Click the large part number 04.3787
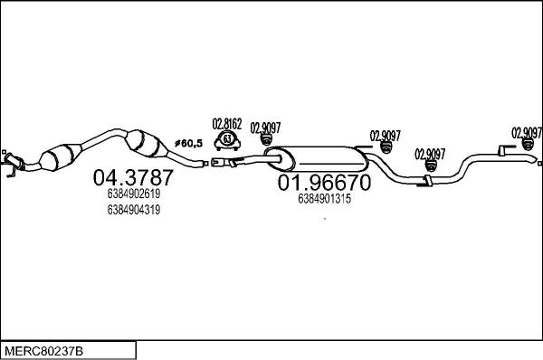(x=133, y=177)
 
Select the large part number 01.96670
(x=323, y=183)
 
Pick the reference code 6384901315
(x=323, y=199)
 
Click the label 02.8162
(x=226, y=123)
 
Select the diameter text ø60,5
(x=186, y=143)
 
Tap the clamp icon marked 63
(x=227, y=140)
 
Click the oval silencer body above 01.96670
(x=316, y=158)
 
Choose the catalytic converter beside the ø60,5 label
(x=147, y=144)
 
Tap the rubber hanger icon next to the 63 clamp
(x=265, y=140)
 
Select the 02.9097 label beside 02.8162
(x=264, y=127)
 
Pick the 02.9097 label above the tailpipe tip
(x=526, y=130)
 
